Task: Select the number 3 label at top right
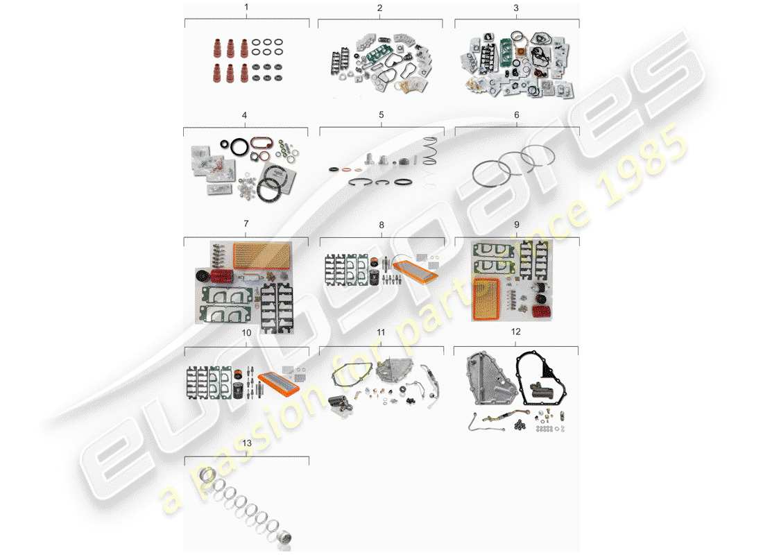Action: pos(516,8)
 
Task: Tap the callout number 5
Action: pos(381,114)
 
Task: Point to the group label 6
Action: pos(516,114)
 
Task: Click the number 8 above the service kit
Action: pos(381,225)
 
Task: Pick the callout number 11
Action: pos(381,333)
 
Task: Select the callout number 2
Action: pos(379,8)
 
